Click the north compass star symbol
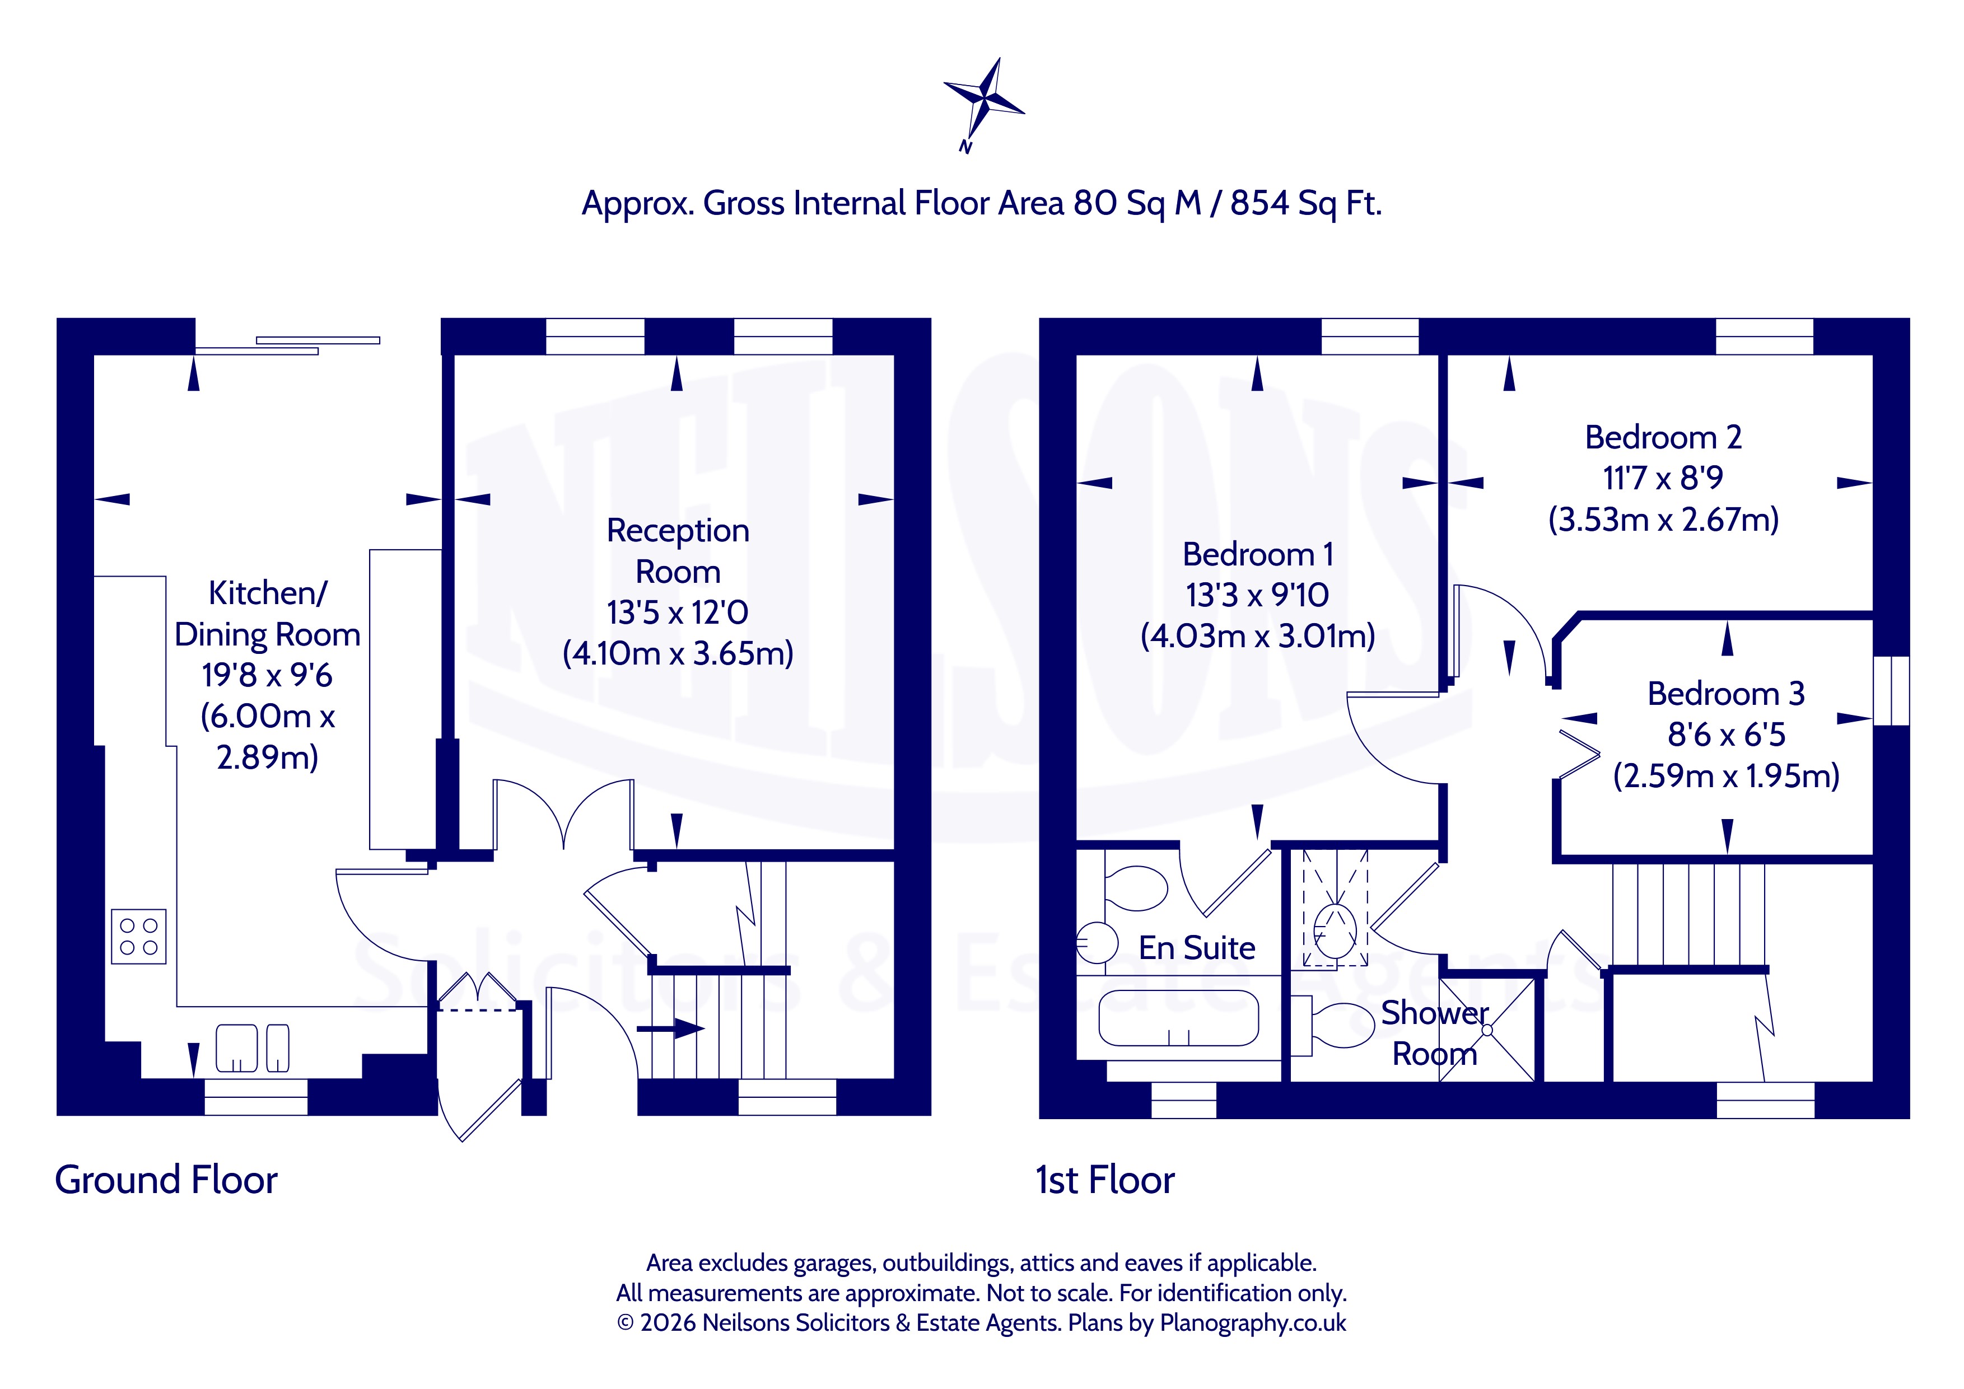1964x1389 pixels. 984,101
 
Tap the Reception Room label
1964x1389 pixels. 678,551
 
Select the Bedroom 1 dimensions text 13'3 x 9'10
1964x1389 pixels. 1257,595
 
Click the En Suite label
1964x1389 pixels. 1197,948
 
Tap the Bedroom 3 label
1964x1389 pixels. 1725,694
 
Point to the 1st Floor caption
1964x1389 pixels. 1105,1180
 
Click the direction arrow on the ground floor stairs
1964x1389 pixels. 671,1028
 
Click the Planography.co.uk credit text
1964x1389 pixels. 1252,1322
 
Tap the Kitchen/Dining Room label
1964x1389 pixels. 268,613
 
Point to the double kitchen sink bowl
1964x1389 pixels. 253,1047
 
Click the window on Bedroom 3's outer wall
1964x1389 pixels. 1891,690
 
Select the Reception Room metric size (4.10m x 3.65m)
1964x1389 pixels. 678,653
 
